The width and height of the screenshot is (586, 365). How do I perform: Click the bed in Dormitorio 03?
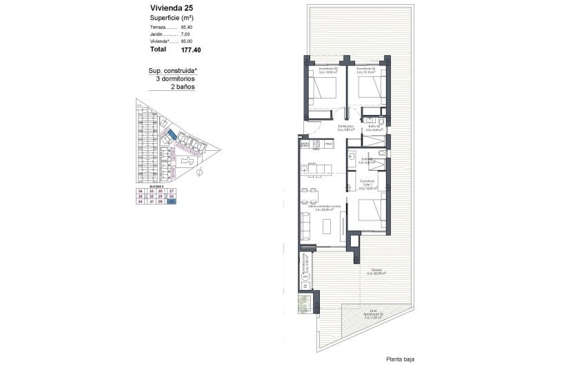(x=322, y=89)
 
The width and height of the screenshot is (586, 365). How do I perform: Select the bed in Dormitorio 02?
(x=370, y=89)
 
